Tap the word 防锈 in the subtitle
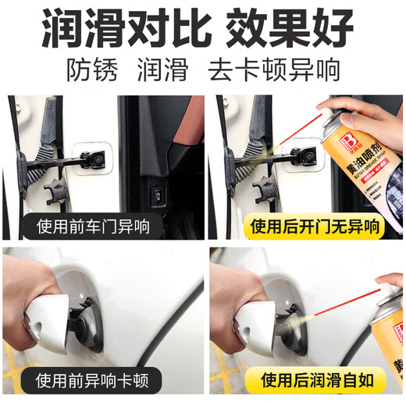[x=92, y=70]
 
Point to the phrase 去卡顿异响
[x=274, y=70]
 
